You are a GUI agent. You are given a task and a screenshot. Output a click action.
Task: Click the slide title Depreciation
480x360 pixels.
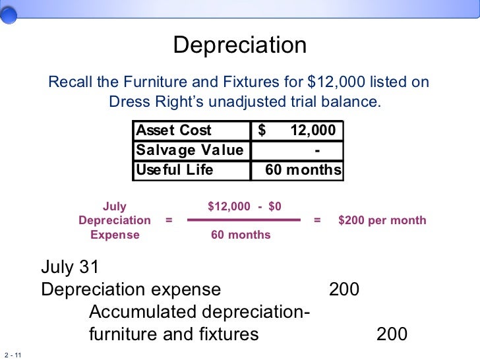tap(239, 45)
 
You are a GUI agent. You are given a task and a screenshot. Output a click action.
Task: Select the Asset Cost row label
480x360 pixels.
tap(173, 131)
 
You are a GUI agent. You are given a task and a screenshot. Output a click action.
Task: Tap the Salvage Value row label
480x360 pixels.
tap(189, 150)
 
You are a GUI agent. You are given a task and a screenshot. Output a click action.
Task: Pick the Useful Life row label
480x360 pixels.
tap(174, 170)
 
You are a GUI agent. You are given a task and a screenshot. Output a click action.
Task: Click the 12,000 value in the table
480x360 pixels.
tap(313, 131)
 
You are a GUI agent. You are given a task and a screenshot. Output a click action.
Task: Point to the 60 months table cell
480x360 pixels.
tap(303, 170)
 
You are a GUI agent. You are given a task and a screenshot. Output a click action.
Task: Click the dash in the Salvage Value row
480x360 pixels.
tap(318, 150)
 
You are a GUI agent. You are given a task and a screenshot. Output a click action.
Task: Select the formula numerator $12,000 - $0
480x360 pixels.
tap(244, 206)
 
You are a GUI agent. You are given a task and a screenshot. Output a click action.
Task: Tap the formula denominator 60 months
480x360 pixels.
tap(241, 235)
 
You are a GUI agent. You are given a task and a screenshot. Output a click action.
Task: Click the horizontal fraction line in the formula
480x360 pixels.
tap(244, 220)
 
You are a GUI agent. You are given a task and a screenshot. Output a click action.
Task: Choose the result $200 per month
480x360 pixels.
tap(382, 220)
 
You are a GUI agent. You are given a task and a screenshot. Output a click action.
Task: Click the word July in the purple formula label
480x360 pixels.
tap(115, 206)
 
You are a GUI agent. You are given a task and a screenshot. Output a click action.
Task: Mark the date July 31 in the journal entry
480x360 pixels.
tap(70, 267)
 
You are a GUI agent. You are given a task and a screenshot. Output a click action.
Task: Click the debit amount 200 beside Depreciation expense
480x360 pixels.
tap(344, 289)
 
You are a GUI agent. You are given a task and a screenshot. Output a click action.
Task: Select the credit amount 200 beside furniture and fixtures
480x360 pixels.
tap(392, 334)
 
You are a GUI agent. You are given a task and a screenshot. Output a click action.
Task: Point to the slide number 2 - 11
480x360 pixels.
tap(13, 355)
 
